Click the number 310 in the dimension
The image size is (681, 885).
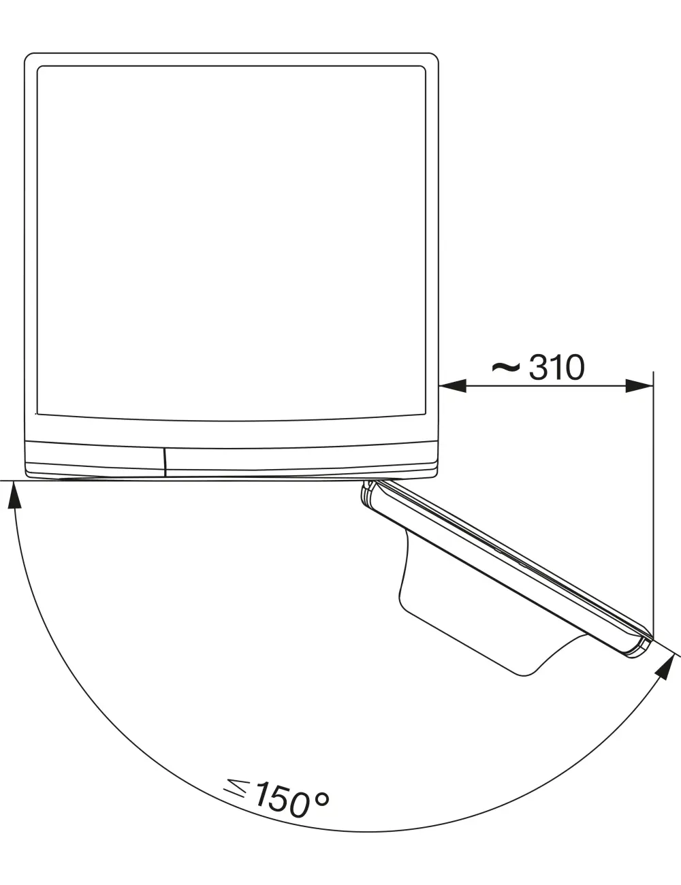click(557, 367)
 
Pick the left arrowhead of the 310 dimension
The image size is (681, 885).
click(453, 386)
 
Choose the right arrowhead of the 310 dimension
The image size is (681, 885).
click(639, 386)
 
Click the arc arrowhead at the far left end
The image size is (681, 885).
click(14, 494)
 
